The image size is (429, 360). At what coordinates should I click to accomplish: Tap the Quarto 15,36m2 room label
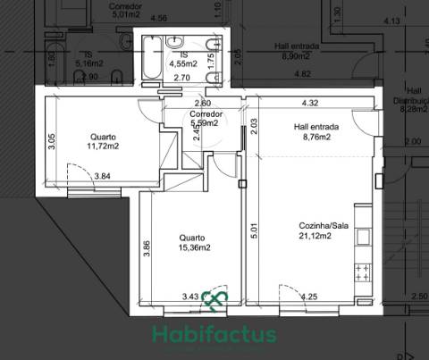tap(194, 242)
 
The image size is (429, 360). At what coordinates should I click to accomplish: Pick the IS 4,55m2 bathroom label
tap(182, 59)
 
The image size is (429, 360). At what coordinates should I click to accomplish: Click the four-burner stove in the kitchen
tap(363, 270)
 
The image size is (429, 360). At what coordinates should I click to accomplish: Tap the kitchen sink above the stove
tap(364, 238)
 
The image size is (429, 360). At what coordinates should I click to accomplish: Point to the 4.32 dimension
tap(310, 103)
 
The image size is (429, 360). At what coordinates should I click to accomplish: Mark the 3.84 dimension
tap(103, 176)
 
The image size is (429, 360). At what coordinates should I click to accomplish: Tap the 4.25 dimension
tap(309, 297)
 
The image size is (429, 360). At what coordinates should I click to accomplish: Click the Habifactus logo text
tap(214, 335)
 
